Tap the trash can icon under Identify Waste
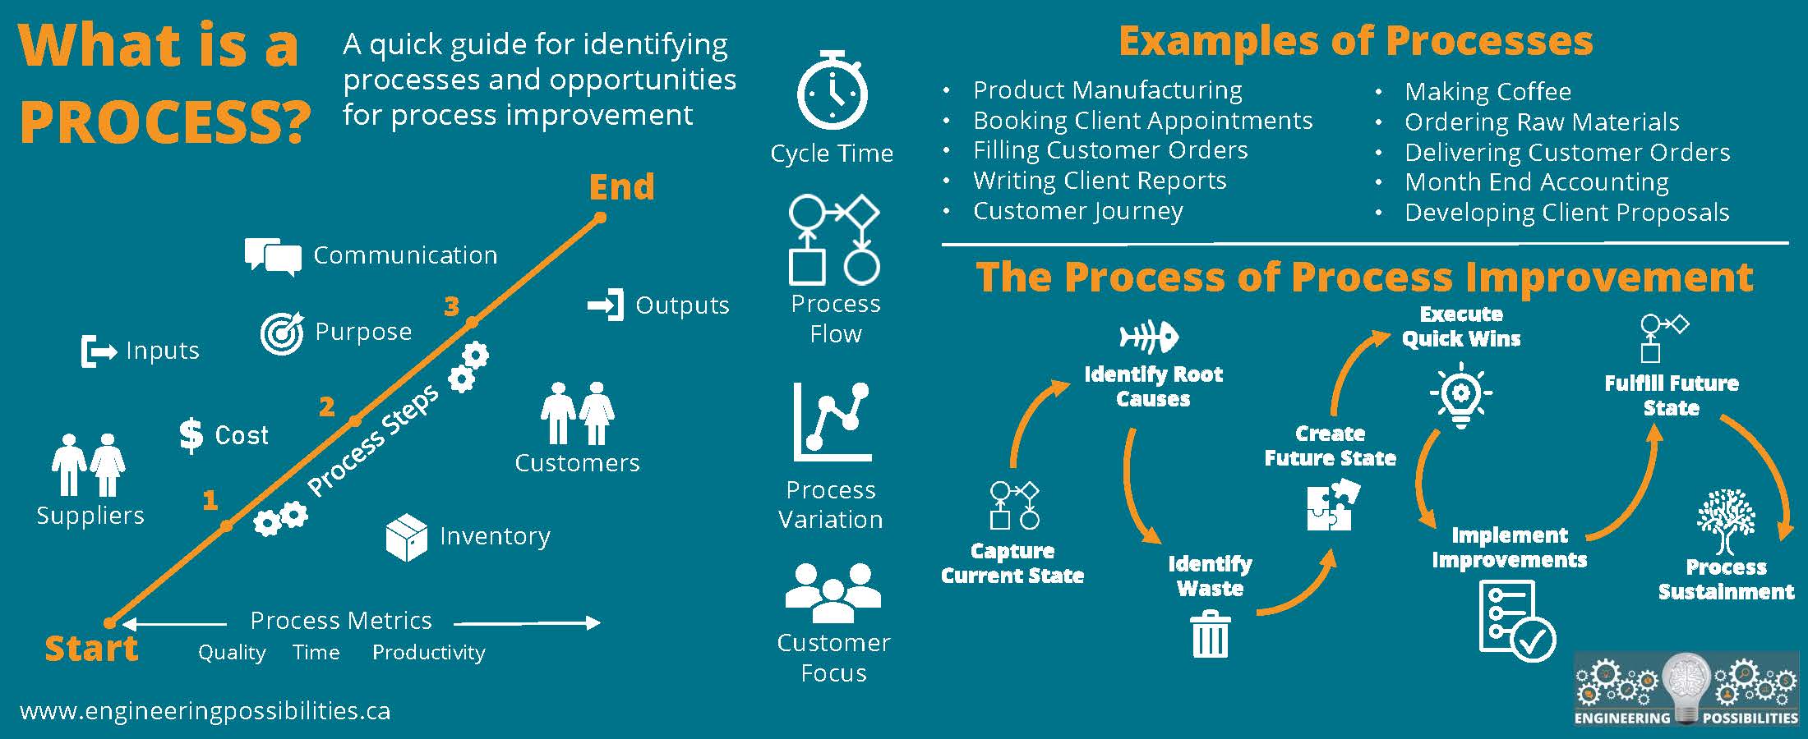coord(1210,634)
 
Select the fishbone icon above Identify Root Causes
coord(1149,337)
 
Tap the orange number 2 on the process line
coord(326,406)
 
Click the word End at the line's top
coord(621,187)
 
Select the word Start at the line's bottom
coord(91,649)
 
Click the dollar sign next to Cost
coord(191,435)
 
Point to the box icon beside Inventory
coord(406,537)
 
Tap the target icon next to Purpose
coord(281,332)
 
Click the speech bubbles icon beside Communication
coord(273,256)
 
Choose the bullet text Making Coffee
coord(1487,91)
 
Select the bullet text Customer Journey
coord(1077,211)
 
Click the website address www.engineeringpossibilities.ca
coord(205,711)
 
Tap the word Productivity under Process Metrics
coord(428,653)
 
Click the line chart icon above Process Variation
coord(832,421)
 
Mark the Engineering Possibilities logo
coord(1686,690)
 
